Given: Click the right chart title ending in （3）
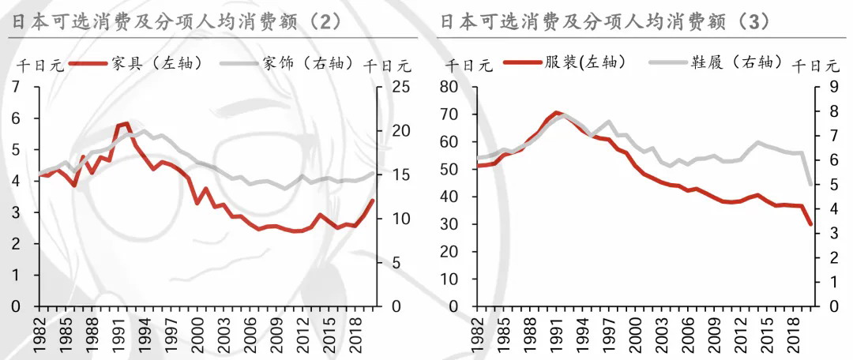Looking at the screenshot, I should tap(605, 21).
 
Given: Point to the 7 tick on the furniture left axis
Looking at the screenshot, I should tap(17, 87).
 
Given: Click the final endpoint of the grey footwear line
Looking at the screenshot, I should tap(810, 185).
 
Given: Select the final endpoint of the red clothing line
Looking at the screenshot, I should tap(810, 224).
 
